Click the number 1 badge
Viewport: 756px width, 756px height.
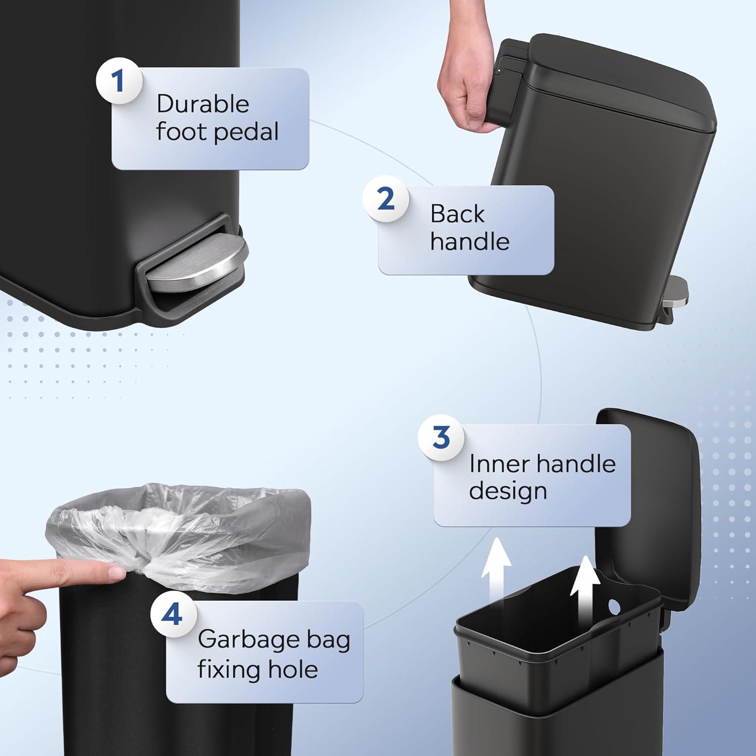118,81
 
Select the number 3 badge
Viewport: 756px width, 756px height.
441,437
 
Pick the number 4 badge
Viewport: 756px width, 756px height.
173,614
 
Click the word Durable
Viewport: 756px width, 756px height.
203,104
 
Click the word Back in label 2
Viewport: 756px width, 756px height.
457,214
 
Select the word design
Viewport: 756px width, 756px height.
508,491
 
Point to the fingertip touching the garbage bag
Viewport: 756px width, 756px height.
117,572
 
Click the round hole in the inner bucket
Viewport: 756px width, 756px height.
613,605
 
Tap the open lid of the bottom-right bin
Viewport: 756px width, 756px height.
650,504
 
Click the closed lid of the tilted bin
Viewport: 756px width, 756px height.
620,81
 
